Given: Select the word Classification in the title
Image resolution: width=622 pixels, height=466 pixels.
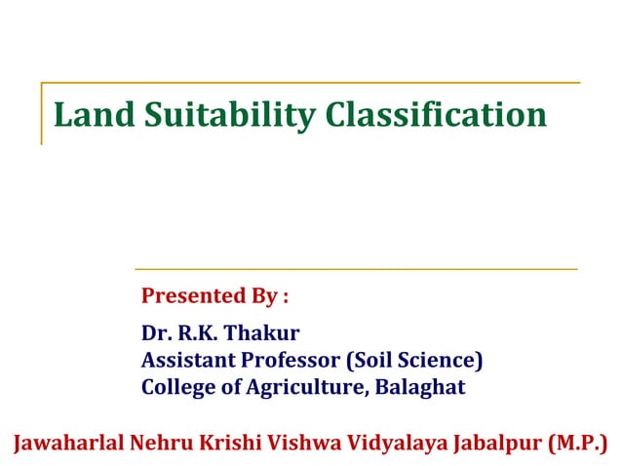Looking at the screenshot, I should [x=436, y=114].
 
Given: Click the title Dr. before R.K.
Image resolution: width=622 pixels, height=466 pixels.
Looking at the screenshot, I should [x=157, y=333].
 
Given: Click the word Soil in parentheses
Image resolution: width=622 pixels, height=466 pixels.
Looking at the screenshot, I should [x=372, y=360].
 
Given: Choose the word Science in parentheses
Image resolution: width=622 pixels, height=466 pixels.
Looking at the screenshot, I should [x=441, y=360].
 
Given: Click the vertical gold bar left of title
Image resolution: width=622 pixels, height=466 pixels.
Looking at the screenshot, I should [x=42, y=114].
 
